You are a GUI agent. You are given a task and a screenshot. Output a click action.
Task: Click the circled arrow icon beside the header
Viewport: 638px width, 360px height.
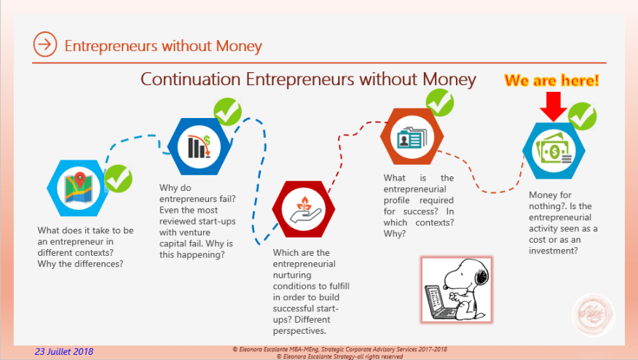(45, 45)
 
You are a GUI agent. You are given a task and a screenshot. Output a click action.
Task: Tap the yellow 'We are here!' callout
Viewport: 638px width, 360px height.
(551, 80)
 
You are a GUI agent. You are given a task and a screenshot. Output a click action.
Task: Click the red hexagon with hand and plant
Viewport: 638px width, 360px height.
(303, 208)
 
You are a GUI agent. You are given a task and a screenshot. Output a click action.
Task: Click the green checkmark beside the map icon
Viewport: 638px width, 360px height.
(118, 177)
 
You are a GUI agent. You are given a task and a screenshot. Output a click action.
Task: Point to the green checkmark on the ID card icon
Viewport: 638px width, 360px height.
(439, 103)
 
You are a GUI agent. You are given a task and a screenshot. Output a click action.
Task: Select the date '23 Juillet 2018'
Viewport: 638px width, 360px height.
(64, 351)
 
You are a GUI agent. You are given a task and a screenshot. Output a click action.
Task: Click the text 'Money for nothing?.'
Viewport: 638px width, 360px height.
(551, 201)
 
